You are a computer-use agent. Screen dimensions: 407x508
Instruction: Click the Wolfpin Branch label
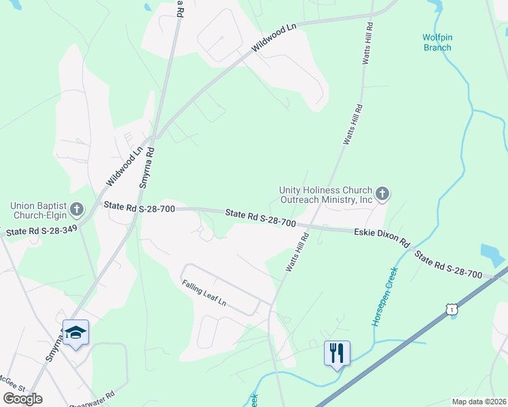click(436, 42)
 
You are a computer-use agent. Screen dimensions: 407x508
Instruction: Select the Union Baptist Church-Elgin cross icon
click(76, 208)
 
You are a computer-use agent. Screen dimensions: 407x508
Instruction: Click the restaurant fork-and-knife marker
click(337, 353)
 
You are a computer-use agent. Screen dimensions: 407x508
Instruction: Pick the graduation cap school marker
click(75, 332)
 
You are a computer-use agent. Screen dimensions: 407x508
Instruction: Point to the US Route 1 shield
click(453, 309)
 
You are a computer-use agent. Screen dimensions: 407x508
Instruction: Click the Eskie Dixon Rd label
click(382, 237)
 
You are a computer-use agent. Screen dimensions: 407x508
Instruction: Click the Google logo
click(22, 398)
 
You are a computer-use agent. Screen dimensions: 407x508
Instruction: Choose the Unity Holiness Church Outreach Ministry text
click(327, 195)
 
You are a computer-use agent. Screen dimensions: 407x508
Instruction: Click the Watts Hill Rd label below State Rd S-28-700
click(297, 253)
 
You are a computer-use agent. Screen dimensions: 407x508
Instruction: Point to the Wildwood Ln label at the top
click(274, 39)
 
